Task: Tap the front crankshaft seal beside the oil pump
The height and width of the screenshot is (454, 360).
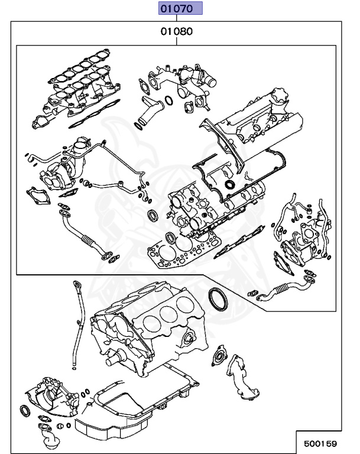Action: pos(26,410)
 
